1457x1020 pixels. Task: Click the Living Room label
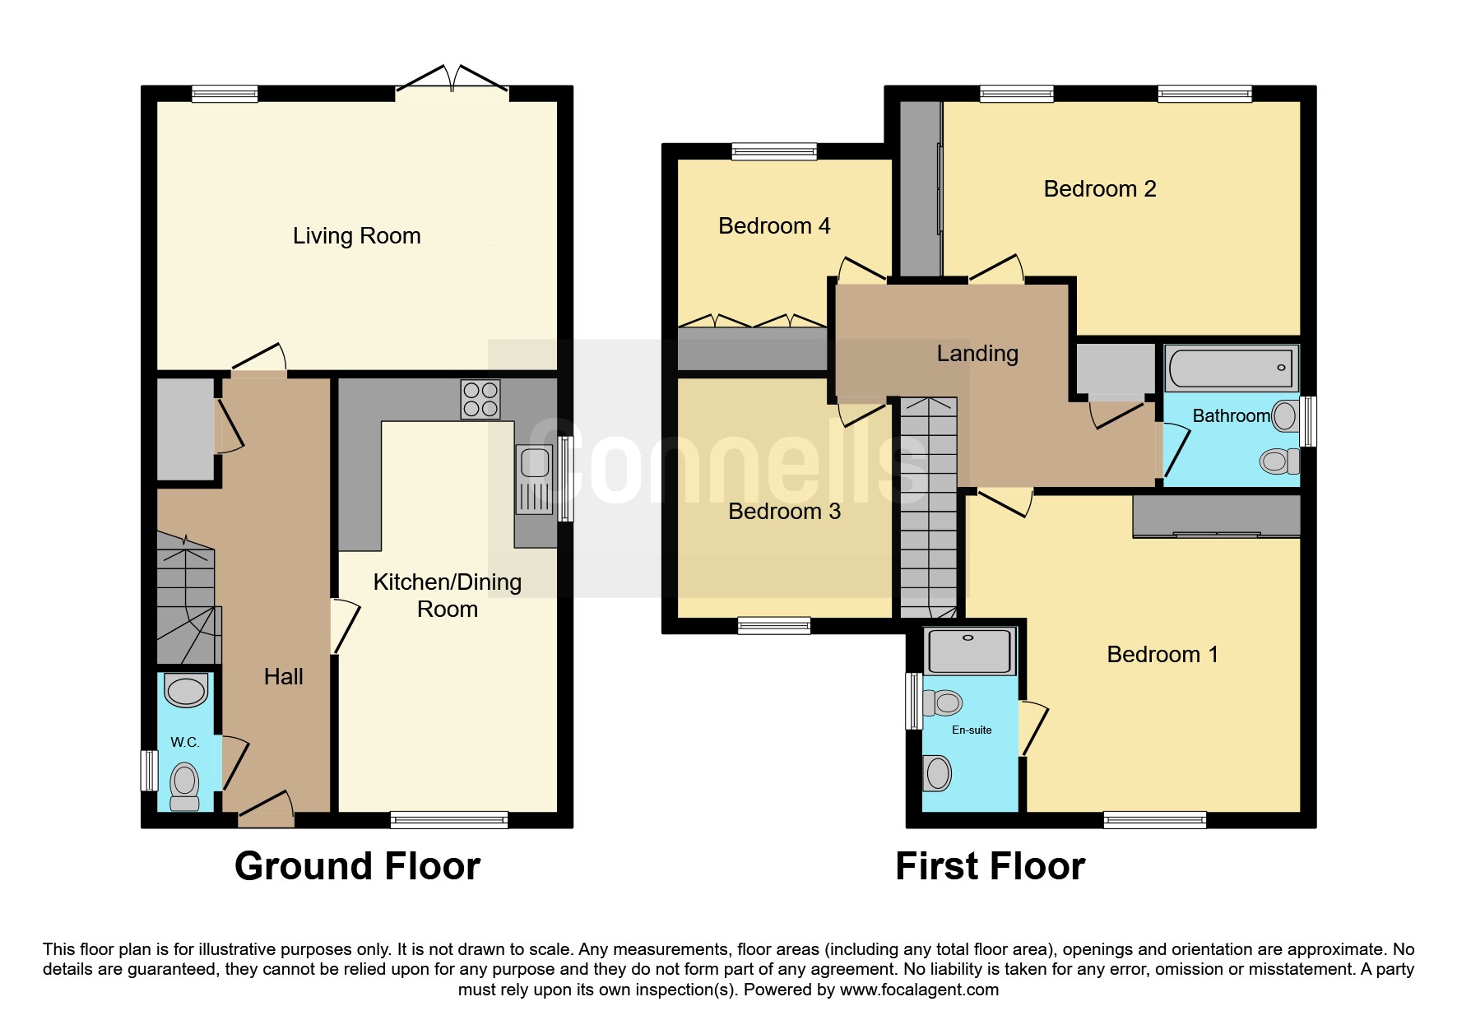(356, 236)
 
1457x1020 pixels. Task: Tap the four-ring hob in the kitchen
(480, 399)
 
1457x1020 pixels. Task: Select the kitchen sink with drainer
(535, 479)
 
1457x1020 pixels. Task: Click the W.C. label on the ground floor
(185, 742)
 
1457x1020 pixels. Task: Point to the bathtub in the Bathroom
(1231, 369)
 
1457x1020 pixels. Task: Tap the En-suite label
(972, 730)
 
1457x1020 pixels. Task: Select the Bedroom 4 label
(774, 225)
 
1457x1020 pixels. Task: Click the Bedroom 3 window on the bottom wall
(774, 626)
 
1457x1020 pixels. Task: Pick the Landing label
(977, 354)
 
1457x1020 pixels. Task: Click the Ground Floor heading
(357, 866)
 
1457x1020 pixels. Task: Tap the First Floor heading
(990, 866)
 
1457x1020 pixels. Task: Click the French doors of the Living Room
(452, 79)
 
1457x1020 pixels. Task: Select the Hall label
(284, 677)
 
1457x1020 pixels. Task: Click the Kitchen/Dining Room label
(448, 596)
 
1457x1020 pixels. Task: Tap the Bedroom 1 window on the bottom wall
(1155, 820)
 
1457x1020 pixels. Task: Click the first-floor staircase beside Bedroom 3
(929, 508)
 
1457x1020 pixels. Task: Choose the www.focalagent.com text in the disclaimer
(919, 990)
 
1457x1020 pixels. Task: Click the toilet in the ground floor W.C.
(185, 786)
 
